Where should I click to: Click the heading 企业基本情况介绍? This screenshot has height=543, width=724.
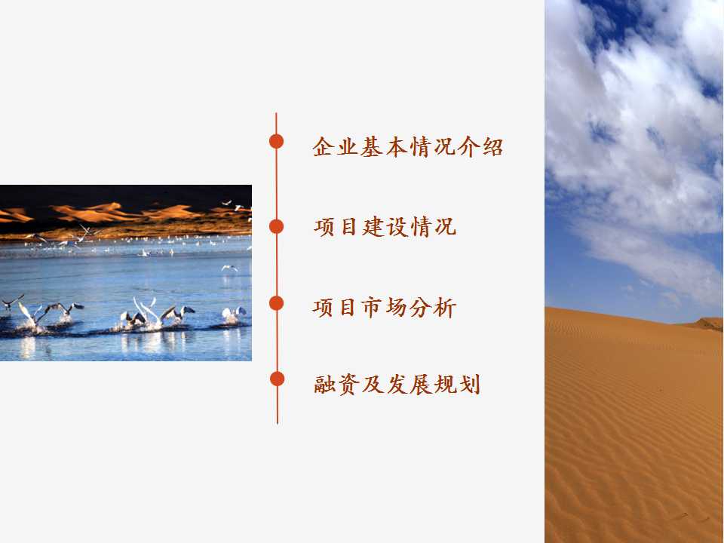(408, 147)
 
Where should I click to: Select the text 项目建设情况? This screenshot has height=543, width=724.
(385, 227)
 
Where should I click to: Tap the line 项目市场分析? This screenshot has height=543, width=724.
(385, 308)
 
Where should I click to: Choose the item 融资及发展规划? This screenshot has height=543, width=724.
(397, 384)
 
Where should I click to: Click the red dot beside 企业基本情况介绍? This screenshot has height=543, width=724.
(276, 141)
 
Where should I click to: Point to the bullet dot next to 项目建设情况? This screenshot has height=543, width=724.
(276, 227)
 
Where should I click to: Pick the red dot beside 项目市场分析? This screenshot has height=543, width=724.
(276, 303)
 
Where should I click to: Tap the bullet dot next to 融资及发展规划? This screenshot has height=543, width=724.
(277, 379)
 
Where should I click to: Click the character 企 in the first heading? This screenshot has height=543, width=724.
(323, 147)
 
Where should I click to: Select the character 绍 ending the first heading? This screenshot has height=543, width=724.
(492, 147)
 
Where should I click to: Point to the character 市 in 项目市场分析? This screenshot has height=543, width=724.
(372, 308)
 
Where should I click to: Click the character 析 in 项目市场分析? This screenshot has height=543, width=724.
(445, 308)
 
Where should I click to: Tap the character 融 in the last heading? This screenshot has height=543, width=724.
(324, 384)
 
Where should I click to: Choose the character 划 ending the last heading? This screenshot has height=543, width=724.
(470, 384)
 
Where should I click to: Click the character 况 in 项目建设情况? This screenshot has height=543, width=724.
(445, 227)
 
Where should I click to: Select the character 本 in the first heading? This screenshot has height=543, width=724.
(396, 147)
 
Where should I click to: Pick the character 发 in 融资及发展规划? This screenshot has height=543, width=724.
(397, 384)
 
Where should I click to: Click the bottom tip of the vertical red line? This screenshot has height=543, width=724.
(278, 423)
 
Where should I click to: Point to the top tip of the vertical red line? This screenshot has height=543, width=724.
(276, 113)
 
